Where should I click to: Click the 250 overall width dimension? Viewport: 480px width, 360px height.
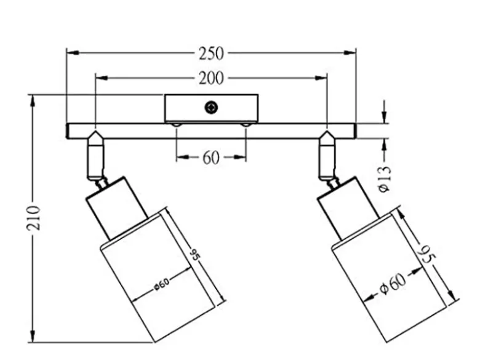click(211, 54)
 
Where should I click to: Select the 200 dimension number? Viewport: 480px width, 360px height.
click(211, 78)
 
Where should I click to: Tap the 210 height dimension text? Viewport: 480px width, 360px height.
click(33, 218)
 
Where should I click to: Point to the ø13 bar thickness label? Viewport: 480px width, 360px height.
click(385, 179)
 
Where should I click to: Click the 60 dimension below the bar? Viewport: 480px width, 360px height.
click(211, 158)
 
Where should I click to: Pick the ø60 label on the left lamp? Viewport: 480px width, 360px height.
click(161, 284)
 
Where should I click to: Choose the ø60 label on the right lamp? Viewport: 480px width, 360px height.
click(393, 284)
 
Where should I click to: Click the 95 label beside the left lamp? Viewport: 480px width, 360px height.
click(194, 255)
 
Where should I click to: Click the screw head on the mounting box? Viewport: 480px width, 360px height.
click(211, 108)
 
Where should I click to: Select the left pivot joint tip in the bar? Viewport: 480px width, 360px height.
click(95, 131)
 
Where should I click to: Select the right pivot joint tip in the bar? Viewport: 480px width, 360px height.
click(327, 131)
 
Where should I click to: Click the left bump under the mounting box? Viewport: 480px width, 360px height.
click(177, 124)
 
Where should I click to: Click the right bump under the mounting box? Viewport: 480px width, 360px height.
click(246, 124)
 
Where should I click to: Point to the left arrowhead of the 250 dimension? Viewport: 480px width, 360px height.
click(73, 53)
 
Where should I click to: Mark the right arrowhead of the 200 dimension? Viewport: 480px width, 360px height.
click(321, 78)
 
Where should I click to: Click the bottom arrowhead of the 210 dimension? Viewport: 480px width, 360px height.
click(32, 336)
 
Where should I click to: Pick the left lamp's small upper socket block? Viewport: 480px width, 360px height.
click(117, 207)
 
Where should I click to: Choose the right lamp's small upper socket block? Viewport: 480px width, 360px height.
click(348, 207)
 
